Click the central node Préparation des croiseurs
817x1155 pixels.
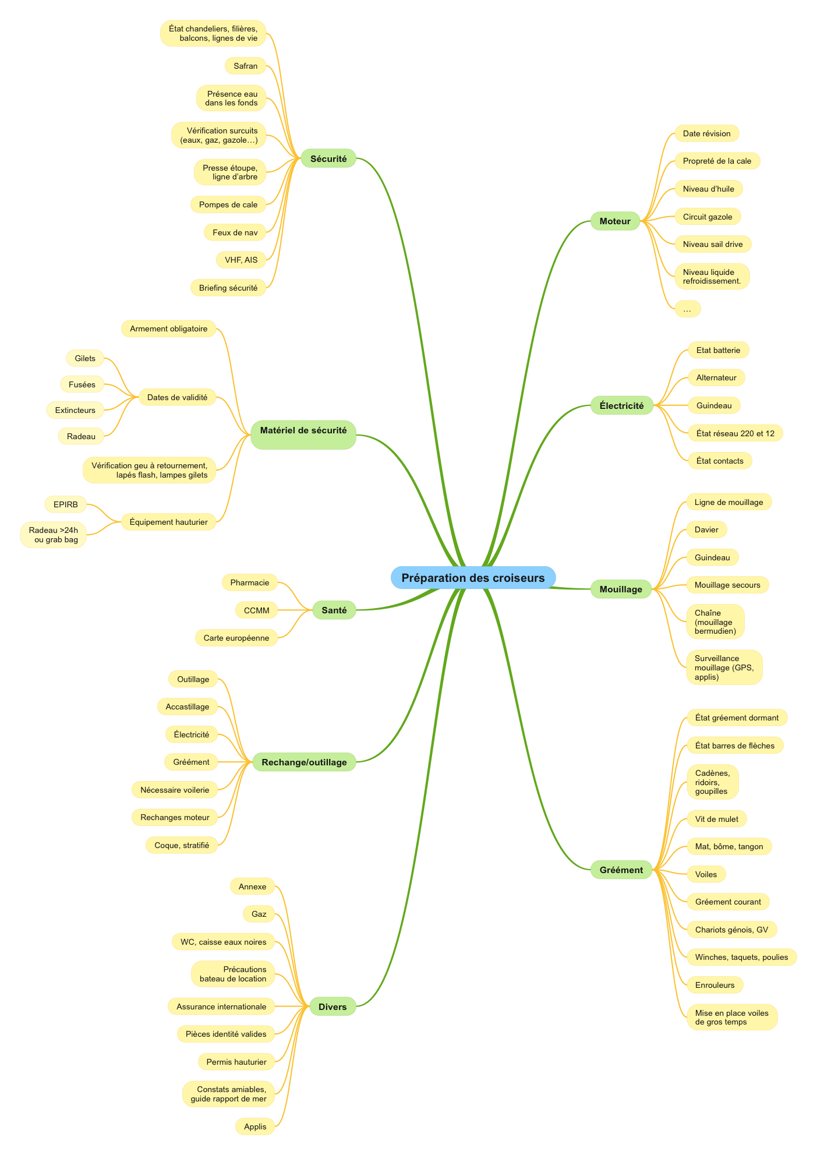[473, 578]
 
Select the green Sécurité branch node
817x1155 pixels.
[328, 158]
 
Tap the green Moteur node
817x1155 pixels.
[615, 221]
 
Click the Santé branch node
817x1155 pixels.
[334, 610]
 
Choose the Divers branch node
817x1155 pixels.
[333, 1006]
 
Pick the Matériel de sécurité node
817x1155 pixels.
[303, 435]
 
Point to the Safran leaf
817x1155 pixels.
[246, 66]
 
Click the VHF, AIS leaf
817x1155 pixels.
[241, 260]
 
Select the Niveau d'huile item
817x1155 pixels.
[709, 189]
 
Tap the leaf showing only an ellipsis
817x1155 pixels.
[688, 309]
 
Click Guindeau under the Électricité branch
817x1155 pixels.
[714, 405]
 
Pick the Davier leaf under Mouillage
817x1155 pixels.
[707, 529]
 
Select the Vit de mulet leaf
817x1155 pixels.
[717, 819]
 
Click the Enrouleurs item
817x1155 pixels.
[715, 985]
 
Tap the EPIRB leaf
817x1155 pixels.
[66, 504]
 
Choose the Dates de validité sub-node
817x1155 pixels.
[177, 397]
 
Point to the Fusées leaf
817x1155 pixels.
[82, 384]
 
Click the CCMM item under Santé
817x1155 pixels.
[257, 610]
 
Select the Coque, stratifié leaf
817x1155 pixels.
[182, 845]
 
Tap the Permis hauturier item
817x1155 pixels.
[236, 1062]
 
